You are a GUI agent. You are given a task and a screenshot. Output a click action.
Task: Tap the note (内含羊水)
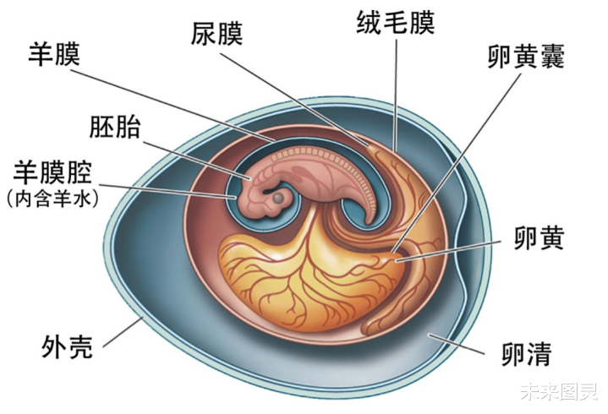click(x=52, y=199)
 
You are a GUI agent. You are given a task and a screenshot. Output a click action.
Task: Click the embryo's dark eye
click(x=277, y=198)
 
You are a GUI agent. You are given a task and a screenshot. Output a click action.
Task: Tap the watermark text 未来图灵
click(x=559, y=392)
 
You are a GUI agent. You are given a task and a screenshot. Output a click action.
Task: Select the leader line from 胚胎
click(x=194, y=155)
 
